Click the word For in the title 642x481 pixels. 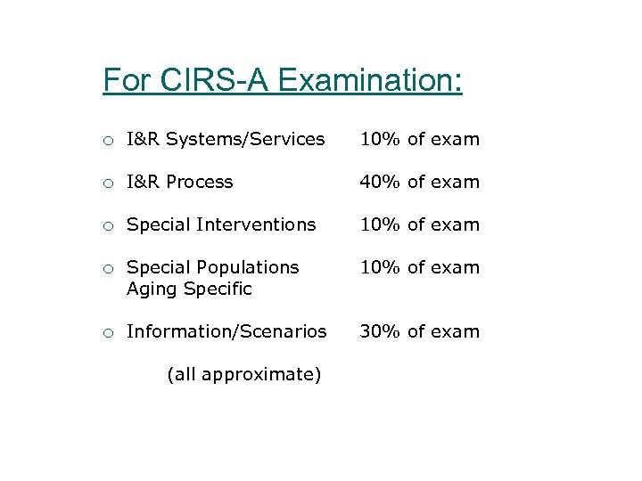(128, 80)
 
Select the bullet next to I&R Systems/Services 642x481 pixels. (107, 140)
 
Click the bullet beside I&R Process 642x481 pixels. (107, 183)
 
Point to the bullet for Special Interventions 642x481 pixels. (107, 225)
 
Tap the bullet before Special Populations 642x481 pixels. (107, 268)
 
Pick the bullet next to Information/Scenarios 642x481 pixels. (107, 332)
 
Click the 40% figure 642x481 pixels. (380, 182)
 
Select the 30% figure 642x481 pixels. (380, 331)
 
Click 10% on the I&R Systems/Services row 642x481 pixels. (380, 139)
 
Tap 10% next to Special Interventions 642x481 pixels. (380, 224)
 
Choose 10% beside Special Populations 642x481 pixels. (380, 267)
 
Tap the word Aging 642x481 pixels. (152, 289)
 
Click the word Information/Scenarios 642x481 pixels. (226, 331)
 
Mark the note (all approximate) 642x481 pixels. (243, 374)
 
